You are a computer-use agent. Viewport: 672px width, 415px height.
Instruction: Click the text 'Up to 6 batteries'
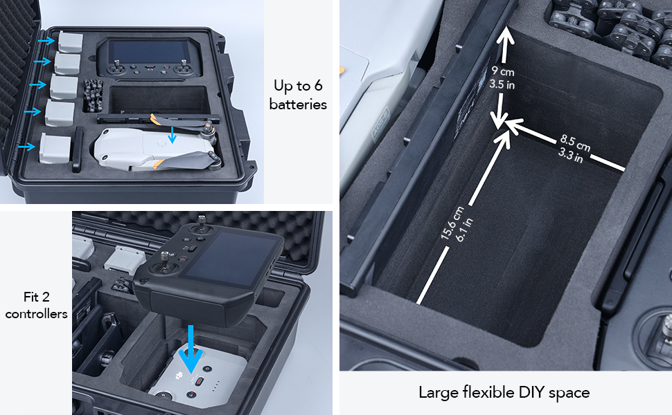coord(298,95)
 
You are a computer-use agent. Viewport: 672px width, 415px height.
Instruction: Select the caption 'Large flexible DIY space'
coord(504,393)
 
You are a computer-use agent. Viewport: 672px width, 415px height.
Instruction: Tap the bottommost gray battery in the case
coord(56,148)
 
